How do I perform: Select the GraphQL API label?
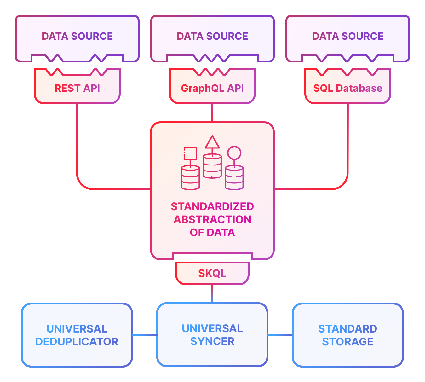point(212,88)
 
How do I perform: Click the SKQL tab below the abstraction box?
point(212,273)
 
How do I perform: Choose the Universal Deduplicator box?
point(77,335)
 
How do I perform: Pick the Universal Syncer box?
point(212,335)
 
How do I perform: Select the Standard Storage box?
point(347,335)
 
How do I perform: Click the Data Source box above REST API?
point(77,36)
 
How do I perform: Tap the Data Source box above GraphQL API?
point(212,36)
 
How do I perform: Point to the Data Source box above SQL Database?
point(347,36)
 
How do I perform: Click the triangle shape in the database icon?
point(212,142)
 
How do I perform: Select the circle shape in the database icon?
point(234,153)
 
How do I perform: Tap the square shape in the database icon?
point(190,153)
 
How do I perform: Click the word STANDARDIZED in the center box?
point(212,206)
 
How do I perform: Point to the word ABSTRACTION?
point(212,219)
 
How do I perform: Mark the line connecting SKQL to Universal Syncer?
point(212,294)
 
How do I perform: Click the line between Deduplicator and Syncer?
point(145,335)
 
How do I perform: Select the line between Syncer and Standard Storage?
point(280,335)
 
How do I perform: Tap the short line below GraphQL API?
point(212,113)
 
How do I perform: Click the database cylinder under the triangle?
point(212,166)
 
